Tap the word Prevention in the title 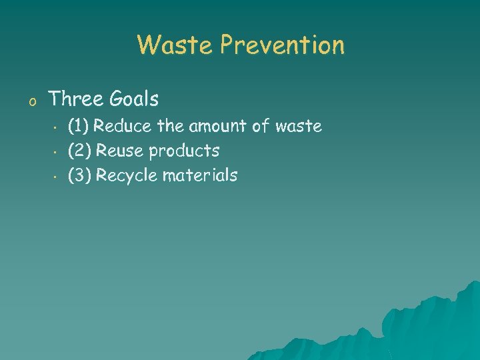pyautogui.click(x=283, y=45)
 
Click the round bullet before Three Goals pyautogui.click(x=31, y=101)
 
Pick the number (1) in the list pyautogui.click(x=79, y=126)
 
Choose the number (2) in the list pyautogui.click(x=80, y=151)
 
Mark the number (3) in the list pyautogui.click(x=80, y=175)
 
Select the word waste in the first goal pyautogui.click(x=298, y=126)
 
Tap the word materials pyautogui.click(x=199, y=175)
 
